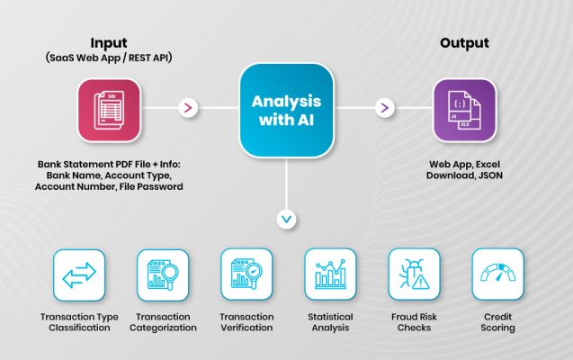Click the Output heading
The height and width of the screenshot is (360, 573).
[x=463, y=43]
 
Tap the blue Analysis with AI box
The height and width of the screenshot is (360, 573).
[x=286, y=108]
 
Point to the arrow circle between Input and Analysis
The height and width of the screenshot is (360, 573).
[x=188, y=108]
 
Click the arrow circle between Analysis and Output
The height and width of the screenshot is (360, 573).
[x=384, y=108]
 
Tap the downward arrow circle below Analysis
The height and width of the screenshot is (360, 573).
[x=286, y=219]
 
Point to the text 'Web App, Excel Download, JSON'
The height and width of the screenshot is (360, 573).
[x=464, y=170]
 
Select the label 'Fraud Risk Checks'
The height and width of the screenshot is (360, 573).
[x=414, y=321]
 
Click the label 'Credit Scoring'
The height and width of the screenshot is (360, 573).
[x=497, y=321]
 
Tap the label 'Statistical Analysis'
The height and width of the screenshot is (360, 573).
[x=330, y=321]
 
